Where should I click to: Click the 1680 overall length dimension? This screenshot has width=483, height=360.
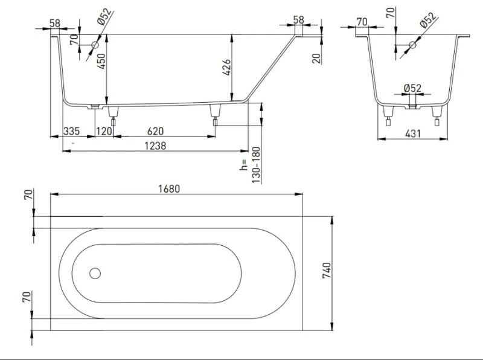[x=170, y=188]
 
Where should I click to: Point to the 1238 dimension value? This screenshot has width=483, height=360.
[x=156, y=145]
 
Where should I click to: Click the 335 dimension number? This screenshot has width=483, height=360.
[x=72, y=132]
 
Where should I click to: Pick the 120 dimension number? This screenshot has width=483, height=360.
[x=104, y=132]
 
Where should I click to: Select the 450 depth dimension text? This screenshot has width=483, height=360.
[x=102, y=60]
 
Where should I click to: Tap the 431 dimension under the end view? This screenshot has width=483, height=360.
[x=412, y=133]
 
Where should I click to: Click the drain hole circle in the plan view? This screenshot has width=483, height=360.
[x=95, y=273]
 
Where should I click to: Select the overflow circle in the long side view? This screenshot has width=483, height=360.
[x=95, y=45]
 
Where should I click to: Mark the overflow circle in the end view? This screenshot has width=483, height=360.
[x=413, y=45]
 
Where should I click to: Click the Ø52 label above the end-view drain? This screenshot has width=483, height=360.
[x=412, y=88]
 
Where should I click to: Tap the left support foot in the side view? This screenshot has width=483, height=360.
[x=111, y=114]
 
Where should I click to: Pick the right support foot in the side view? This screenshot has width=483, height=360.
[x=214, y=114]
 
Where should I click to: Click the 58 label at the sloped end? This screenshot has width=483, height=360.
[x=298, y=19]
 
